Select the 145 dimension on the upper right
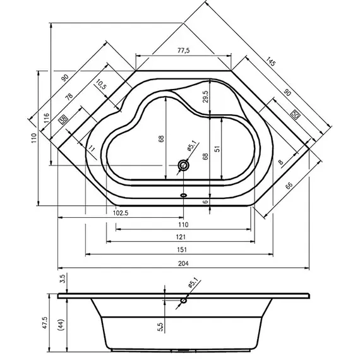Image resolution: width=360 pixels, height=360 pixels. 271,63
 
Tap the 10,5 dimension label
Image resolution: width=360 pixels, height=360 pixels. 102,84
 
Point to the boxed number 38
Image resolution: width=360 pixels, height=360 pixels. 63,118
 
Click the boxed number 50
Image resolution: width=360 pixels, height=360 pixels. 295,114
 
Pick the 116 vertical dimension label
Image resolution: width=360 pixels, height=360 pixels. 46,118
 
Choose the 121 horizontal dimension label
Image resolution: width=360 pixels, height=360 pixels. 181,237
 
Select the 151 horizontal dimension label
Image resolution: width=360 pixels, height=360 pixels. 181,250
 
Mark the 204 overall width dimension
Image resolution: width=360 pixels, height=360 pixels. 183,263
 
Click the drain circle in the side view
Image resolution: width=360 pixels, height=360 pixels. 184,301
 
